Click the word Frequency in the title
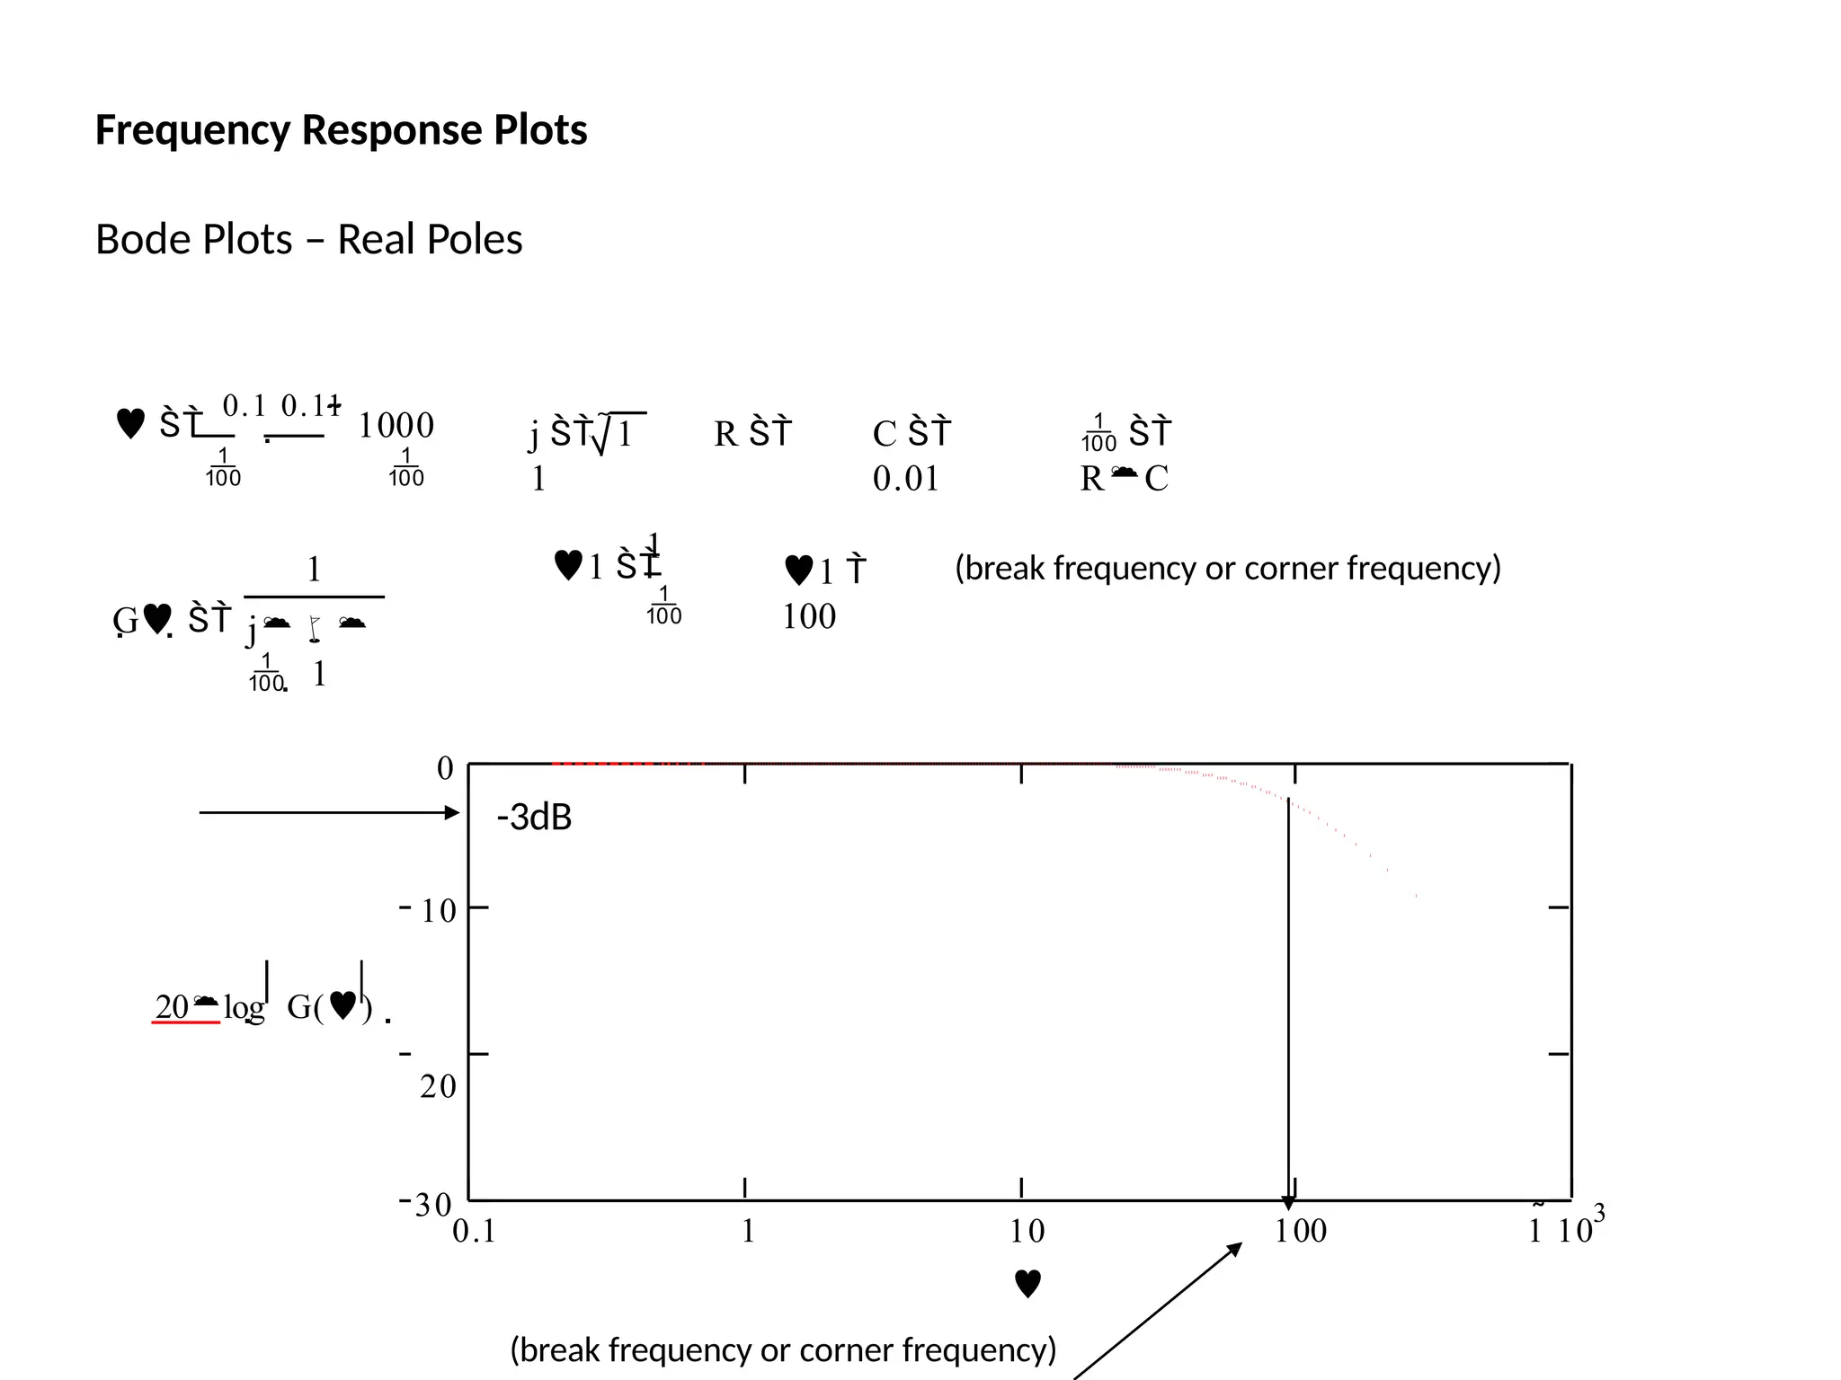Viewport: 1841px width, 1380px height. pyautogui.click(x=193, y=131)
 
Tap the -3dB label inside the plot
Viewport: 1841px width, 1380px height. pyautogui.click(x=534, y=818)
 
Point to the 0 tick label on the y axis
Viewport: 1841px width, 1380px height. pyautogui.click(x=445, y=769)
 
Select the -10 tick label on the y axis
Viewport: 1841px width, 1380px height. pyautogui.click(x=430, y=911)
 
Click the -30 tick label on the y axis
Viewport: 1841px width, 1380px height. pyautogui.click(x=426, y=1205)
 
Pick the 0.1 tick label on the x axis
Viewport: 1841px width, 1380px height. pyautogui.click(x=474, y=1232)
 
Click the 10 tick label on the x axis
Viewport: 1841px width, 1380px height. pyautogui.click(x=1027, y=1232)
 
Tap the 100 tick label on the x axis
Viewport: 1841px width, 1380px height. pyautogui.click(x=1301, y=1232)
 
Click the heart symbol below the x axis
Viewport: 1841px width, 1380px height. pyautogui.click(x=1027, y=1284)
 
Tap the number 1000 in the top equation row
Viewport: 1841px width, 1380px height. pyautogui.click(x=396, y=426)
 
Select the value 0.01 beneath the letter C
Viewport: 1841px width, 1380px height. pyautogui.click(x=905, y=479)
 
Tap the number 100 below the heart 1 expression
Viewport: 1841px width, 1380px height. pyautogui.click(x=809, y=617)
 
